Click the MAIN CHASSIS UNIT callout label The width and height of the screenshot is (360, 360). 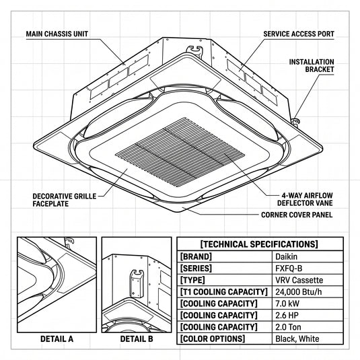[57, 34]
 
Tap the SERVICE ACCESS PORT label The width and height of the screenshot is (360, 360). [299, 34]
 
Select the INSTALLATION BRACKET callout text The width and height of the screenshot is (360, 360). [312, 66]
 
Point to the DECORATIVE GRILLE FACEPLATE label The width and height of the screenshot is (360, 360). [65, 200]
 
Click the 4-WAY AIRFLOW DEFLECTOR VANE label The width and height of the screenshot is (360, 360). [305, 199]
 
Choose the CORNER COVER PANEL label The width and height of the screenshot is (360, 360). [297, 215]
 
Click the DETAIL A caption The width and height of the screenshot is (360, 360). [57, 339]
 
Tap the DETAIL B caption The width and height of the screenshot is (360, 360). [137, 339]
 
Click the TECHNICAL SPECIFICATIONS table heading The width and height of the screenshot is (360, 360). [259, 244]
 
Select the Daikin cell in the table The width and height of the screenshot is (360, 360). [286, 256]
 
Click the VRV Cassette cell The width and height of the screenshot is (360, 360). [299, 280]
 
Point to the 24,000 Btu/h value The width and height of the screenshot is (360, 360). [299, 292]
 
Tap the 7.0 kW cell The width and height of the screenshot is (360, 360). [287, 303]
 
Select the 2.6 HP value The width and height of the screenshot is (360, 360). [287, 315]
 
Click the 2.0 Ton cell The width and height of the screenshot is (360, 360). [288, 327]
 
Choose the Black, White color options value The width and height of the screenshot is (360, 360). [297, 339]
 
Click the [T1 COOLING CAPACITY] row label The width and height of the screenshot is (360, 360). [224, 292]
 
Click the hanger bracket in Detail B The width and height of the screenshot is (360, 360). [137, 283]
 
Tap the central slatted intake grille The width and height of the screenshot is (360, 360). [180, 152]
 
